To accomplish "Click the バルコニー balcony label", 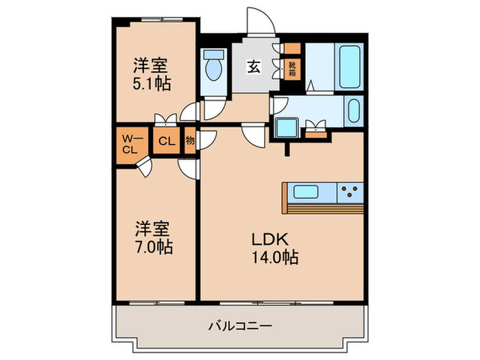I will click(240, 326).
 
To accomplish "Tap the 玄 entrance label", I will click(253, 67).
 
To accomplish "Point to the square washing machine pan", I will click(285, 128).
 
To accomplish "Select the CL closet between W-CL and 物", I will click(165, 142).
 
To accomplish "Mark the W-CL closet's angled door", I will click(145, 167).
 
